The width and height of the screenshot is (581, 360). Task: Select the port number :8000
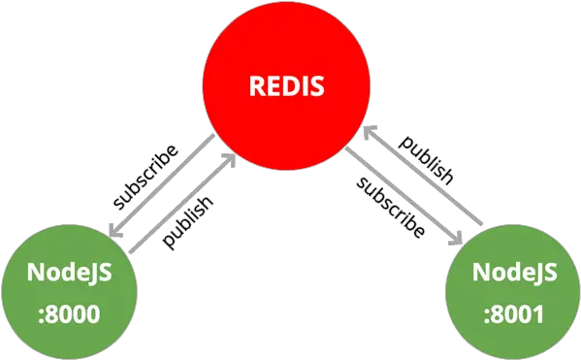pyautogui.click(x=70, y=313)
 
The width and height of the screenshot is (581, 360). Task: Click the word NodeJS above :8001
pyautogui.click(x=514, y=274)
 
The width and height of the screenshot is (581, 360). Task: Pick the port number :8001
pyautogui.click(x=514, y=313)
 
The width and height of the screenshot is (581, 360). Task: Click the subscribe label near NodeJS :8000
pyautogui.click(x=146, y=176)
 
